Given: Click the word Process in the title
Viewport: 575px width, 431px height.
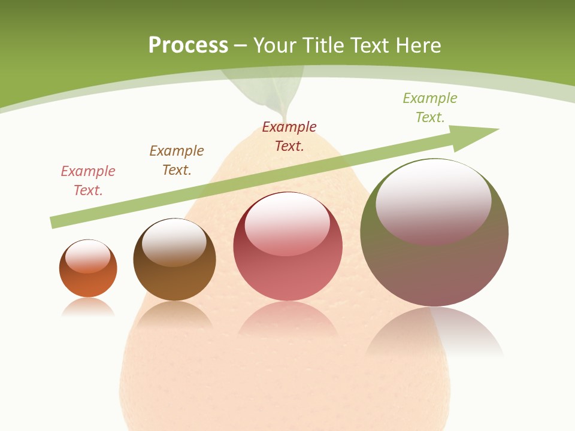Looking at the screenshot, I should click(188, 45).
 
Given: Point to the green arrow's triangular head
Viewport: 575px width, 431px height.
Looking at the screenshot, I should click(473, 136).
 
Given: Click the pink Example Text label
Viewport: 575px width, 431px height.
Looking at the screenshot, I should click(88, 181).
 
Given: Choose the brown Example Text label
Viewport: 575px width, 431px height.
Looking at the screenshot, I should click(177, 160).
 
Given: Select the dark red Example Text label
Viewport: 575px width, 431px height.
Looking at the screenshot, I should click(289, 136).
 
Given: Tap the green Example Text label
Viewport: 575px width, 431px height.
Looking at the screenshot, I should click(430, 108).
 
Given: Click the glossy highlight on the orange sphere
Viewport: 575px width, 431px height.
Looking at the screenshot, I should click(88, 256).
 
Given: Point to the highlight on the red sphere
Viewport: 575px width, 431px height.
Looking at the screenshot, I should click(287, 224).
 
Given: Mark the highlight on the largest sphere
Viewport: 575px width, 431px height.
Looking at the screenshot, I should click(433, 201).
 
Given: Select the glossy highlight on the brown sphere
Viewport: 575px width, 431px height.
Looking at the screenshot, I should click(174, 241).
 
